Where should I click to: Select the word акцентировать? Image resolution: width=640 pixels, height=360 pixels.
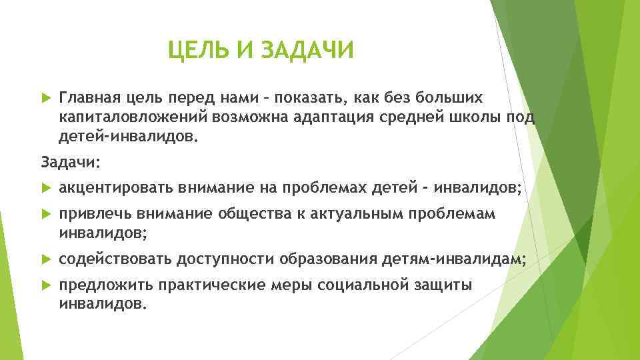[x=116, y=188]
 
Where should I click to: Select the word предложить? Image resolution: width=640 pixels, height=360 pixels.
[x=107, y=285]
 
